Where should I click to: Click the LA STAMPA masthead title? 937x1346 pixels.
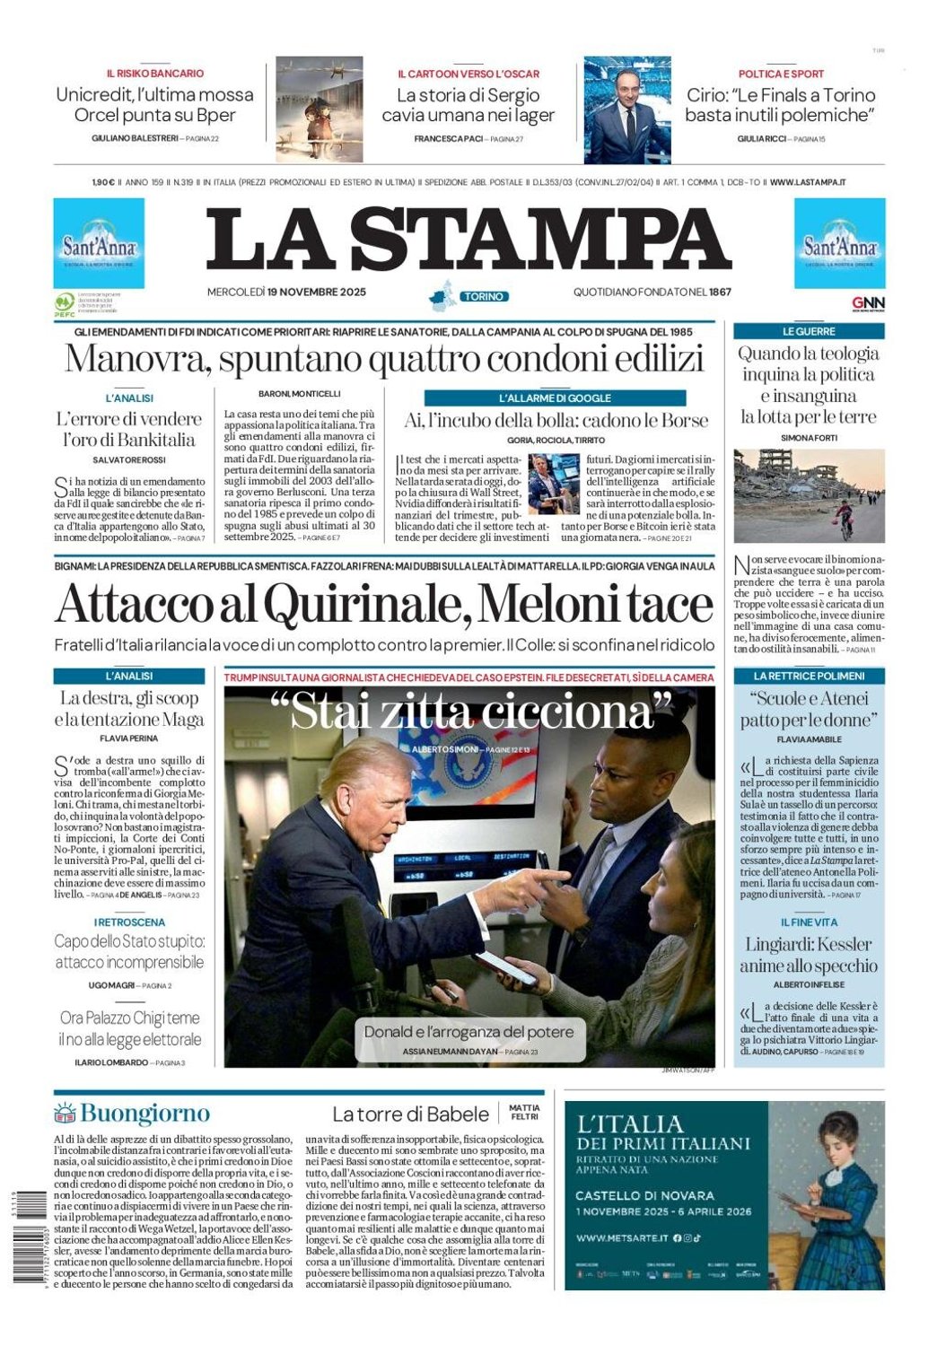468,240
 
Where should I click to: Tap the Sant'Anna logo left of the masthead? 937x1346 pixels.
99,244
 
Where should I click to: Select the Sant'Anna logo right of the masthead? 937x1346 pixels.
839,244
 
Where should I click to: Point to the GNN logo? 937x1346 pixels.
868,303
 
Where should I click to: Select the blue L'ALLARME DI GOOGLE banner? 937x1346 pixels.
555,398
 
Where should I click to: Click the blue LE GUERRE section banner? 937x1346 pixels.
809,331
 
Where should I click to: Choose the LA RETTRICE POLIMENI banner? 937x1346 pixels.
809,676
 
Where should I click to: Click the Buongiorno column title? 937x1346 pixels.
144,1114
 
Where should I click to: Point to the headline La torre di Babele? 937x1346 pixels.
410,1114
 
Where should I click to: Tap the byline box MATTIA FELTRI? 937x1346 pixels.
524,1113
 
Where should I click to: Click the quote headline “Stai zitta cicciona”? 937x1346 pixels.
472,712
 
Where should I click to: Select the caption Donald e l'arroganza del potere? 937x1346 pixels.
468,1032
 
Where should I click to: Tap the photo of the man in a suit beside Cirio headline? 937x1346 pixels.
626,109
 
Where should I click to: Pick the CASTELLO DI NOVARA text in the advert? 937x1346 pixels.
644,1195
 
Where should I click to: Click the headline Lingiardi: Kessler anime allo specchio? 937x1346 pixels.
808,955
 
